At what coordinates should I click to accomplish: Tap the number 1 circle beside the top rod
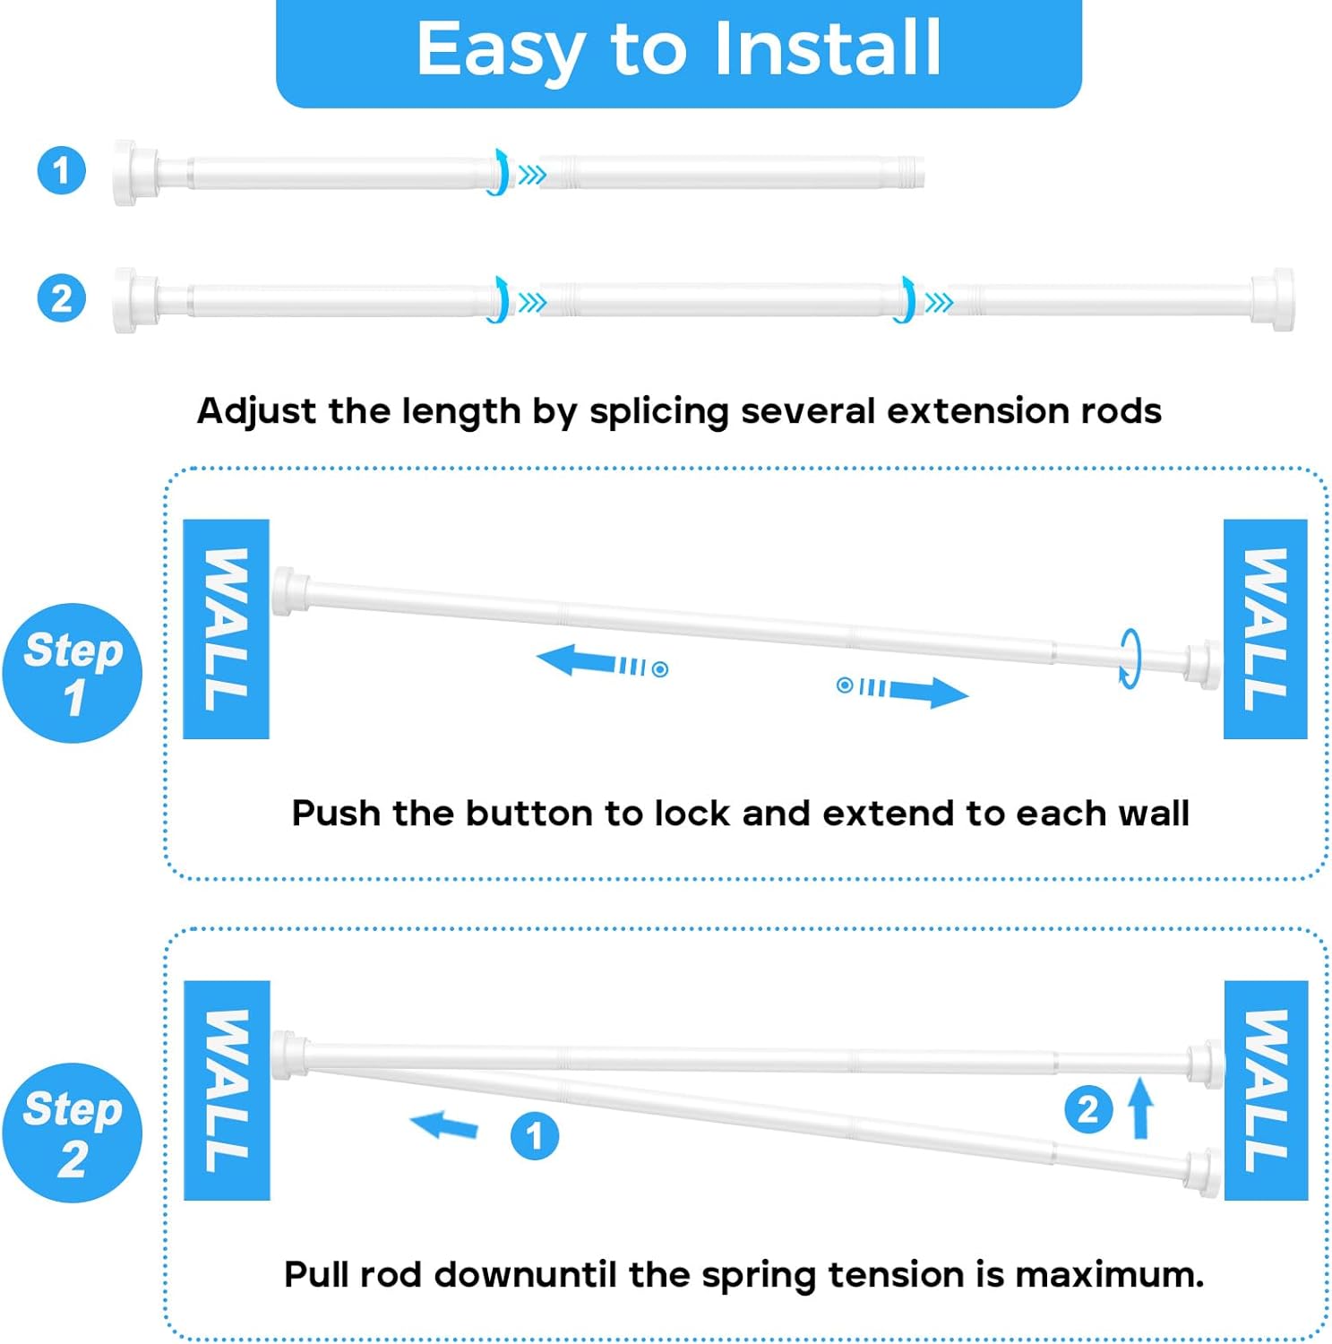click(x=61, y=170)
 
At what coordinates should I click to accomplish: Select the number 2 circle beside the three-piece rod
click(x=61, y=298)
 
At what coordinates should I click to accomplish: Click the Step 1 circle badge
click(x=73, y=673)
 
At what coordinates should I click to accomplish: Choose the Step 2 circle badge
click(x=73, y=1133)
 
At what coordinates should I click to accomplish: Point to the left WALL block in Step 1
click(x=226, y=629)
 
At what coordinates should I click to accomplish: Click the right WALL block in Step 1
click(x=1265, y=629)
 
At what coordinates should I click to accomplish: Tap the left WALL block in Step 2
click(x=227, y=1090)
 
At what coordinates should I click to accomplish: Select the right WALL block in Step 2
click(x=1266, y=1090)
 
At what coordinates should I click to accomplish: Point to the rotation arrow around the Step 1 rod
click(x=1130, y=658)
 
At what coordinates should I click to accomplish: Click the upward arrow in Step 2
click(x=1140, y=1107)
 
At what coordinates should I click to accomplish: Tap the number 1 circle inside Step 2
click(x=535, y=1136)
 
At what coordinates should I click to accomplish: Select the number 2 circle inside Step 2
click(x=1087, y=1109)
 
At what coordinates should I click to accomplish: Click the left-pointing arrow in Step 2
click(x=444, y=1124)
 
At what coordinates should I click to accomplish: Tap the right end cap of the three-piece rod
click(x=1274, y=300)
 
